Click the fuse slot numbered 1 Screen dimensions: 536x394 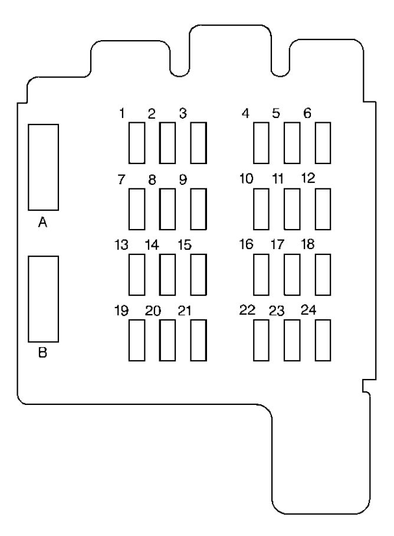[x=137, y=142]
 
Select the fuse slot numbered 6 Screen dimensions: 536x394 [x=323, y=142]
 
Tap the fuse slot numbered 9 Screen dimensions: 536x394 [x=198, y=208]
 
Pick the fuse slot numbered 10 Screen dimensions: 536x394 [x=261, y=208]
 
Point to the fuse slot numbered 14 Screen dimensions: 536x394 [x=168, y=274]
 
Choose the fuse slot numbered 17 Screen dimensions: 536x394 [x=292, y=274]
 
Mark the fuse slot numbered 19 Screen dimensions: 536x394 [x=137, y=339]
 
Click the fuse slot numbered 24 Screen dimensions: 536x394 [x=323, y=339]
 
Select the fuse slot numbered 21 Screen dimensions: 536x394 [x=198, y=339]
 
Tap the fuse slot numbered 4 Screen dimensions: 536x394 [x=261, y=142]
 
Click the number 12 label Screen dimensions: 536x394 [x=308, y=178]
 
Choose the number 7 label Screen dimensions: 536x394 [x=122, y=179]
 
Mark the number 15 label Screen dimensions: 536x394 [x=184, y=244]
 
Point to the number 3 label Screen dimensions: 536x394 [x=183, y=113]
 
